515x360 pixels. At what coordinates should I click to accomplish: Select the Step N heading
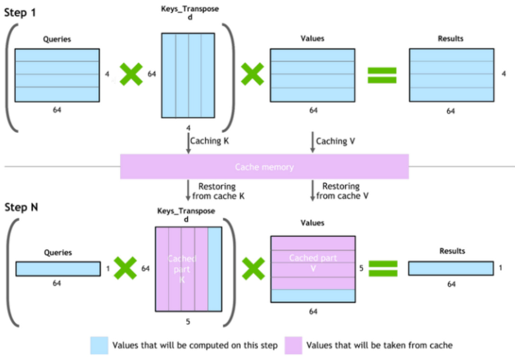point(21,207)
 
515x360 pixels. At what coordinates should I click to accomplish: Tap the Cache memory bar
point(264,166)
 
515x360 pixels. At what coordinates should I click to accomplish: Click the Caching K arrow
point(188,142)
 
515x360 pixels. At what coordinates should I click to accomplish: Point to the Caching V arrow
point(312,142)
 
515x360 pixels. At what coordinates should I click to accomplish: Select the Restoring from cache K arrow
point(188,191)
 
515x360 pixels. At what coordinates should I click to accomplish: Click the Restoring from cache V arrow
point(312,191)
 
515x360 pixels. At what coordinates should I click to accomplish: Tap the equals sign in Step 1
point(382,75)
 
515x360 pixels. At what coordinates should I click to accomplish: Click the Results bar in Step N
point(451,268)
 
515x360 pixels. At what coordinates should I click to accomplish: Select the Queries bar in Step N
point(58,268)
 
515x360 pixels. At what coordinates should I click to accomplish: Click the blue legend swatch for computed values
point(100,345)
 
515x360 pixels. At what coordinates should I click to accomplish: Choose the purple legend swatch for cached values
point(293,345)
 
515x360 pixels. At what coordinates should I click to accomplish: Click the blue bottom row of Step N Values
point(313,295)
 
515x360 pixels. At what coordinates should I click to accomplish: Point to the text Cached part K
point(182,269)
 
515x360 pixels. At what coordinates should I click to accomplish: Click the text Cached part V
point(313,262)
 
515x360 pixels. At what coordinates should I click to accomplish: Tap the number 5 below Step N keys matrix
point(188,322)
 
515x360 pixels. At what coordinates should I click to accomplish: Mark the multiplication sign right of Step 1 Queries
point(130,74)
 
